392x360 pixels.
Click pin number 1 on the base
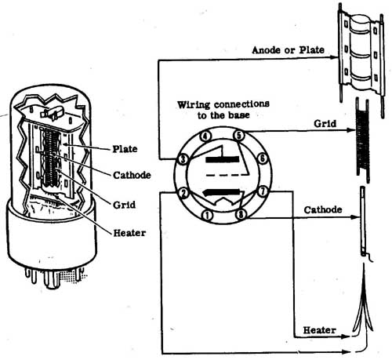point(208,216)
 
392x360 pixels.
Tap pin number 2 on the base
point(183,194)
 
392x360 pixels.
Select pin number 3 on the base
point(183,159)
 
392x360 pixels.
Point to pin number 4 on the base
point(205,136)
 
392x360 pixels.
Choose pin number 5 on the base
point(238,136)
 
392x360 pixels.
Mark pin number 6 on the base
point(263,158)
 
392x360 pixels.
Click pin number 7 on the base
point(263,191)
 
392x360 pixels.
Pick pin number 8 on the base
point(241,215)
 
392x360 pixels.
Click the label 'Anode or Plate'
point(289,50)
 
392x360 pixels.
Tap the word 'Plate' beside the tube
point(125,149)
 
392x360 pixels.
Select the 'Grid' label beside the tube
point(124,205)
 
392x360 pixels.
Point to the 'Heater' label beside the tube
point(129,233)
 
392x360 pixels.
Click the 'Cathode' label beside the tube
point(132,175)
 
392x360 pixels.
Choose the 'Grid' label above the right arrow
point(325,123)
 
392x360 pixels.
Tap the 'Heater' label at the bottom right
point(319,330)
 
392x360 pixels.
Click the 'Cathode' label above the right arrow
point(323,209)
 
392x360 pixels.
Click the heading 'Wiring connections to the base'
point(223,110)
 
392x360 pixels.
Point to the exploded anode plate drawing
point(361,60)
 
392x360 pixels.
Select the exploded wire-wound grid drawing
point(363,140)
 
